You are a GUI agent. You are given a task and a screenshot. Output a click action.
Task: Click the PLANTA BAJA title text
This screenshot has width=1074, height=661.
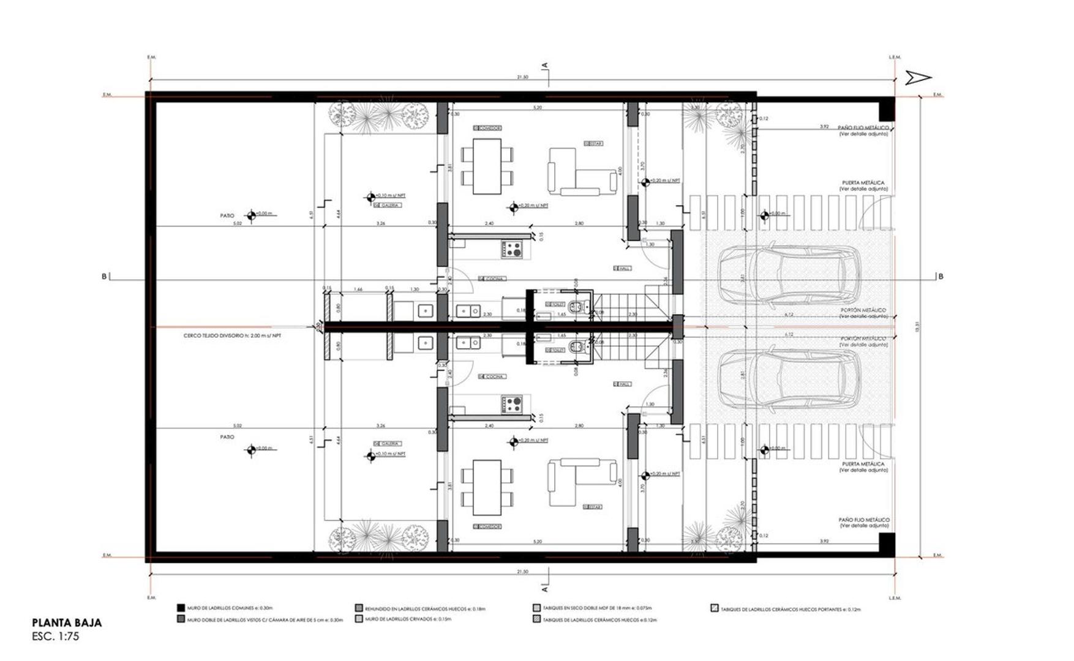[67, 623]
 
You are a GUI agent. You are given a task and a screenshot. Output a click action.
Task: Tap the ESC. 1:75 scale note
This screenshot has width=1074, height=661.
[56, 637]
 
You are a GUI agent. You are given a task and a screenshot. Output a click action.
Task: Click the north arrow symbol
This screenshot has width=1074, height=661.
[918, 77]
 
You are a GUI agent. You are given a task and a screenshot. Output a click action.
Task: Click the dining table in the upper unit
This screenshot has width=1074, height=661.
[487, 166]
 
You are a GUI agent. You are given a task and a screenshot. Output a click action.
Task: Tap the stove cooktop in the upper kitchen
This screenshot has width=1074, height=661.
[513, 248]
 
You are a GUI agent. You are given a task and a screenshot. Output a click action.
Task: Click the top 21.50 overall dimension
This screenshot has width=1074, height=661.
[522, 78]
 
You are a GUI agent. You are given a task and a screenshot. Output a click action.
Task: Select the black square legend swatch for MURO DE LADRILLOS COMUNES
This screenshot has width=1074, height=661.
[181, 608]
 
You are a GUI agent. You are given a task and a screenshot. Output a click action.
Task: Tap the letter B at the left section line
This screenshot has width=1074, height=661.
[104, 277]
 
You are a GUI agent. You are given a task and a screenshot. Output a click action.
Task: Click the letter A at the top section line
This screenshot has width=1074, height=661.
[544, 65]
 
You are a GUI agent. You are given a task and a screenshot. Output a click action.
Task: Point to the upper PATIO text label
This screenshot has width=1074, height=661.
[227, 215]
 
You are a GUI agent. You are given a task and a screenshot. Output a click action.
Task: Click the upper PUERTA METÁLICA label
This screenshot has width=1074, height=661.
[863, 182]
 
